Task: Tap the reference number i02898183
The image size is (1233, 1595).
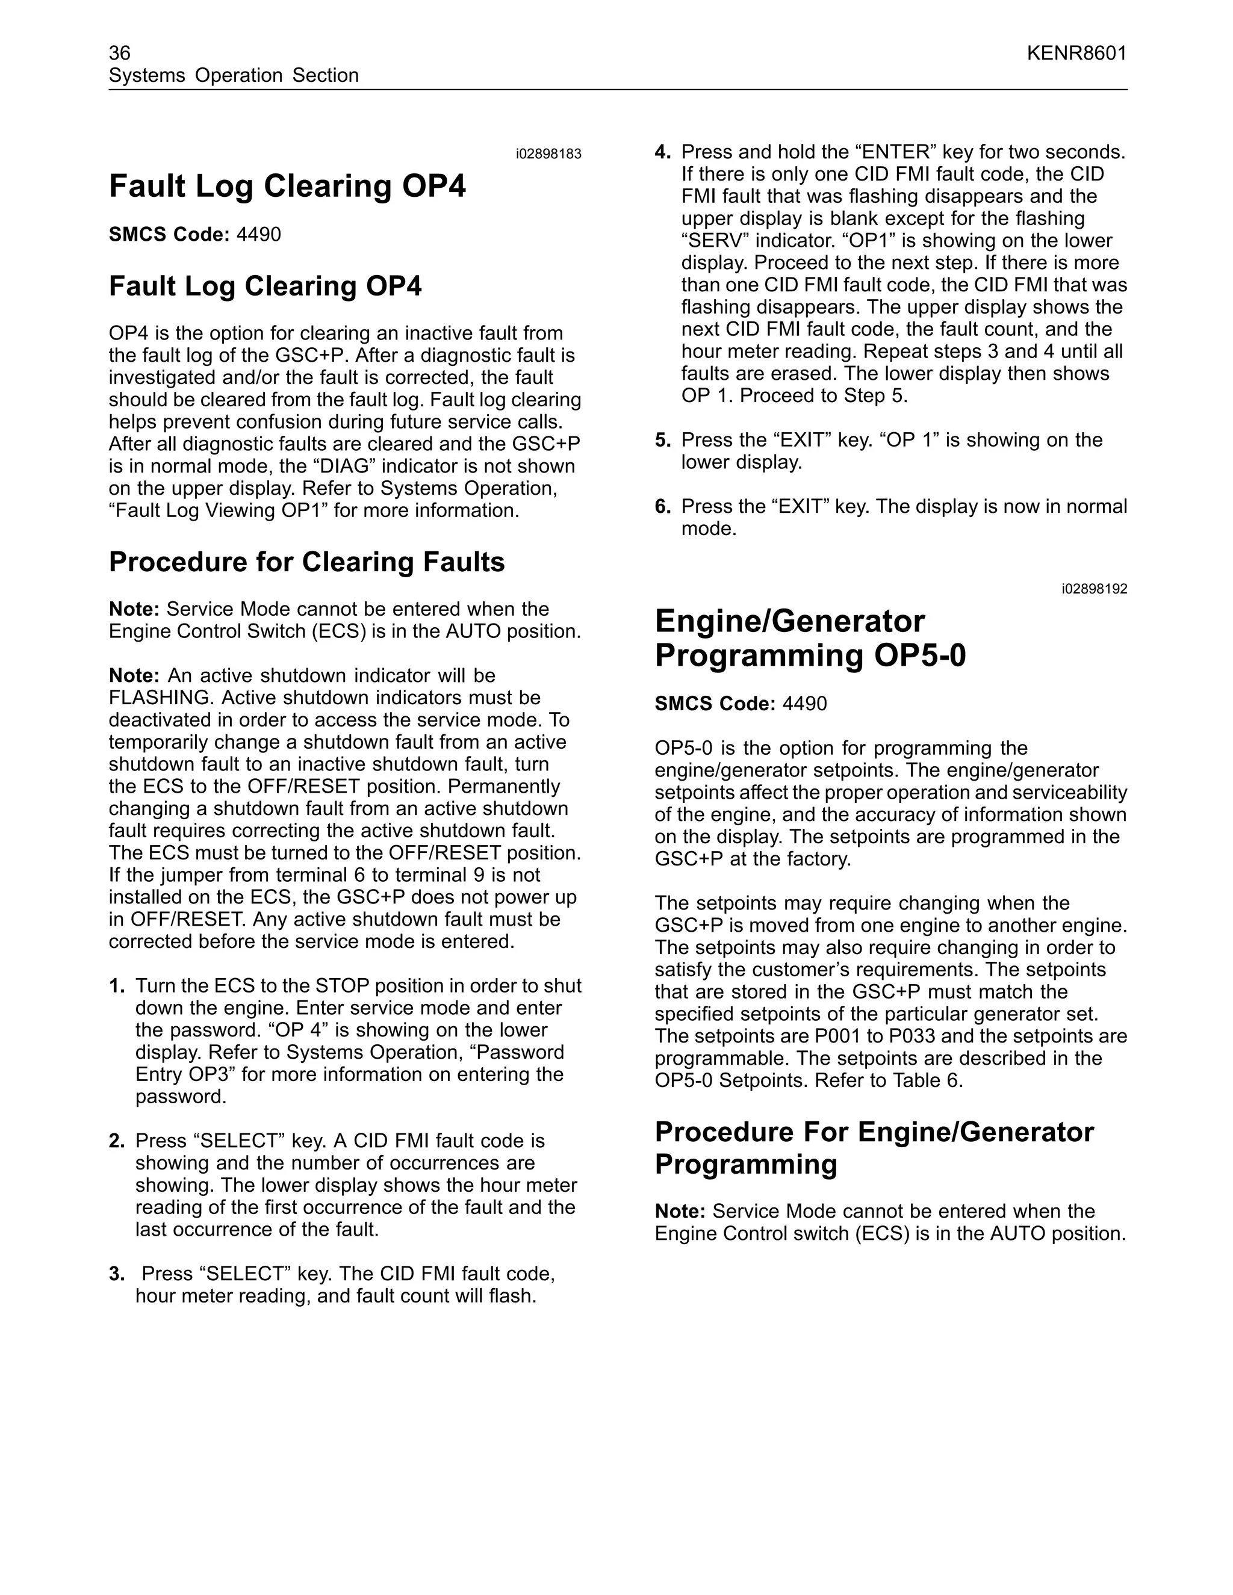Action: pyautogui.click(x=548, y=154)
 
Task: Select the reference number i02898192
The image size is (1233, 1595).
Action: pyautogui.click(x=1094, y=589)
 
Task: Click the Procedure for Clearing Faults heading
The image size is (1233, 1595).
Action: pyautogui.click(x=307, y=562)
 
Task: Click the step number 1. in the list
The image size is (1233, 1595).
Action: pyautogui.click(x=117, y=986)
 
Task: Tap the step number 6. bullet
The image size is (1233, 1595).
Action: pyautogui.click(x=662, y=506)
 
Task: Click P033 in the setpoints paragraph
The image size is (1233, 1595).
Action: pyautogui.click(x=915, y=1036)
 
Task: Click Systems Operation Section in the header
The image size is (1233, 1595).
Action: pyautogui.click(x=234, y=75)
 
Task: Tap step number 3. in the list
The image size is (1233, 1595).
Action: pyautogui.click(x=117, y=1274)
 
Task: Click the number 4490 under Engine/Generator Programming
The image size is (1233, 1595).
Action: pyautogui.click(x=804, y=704)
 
